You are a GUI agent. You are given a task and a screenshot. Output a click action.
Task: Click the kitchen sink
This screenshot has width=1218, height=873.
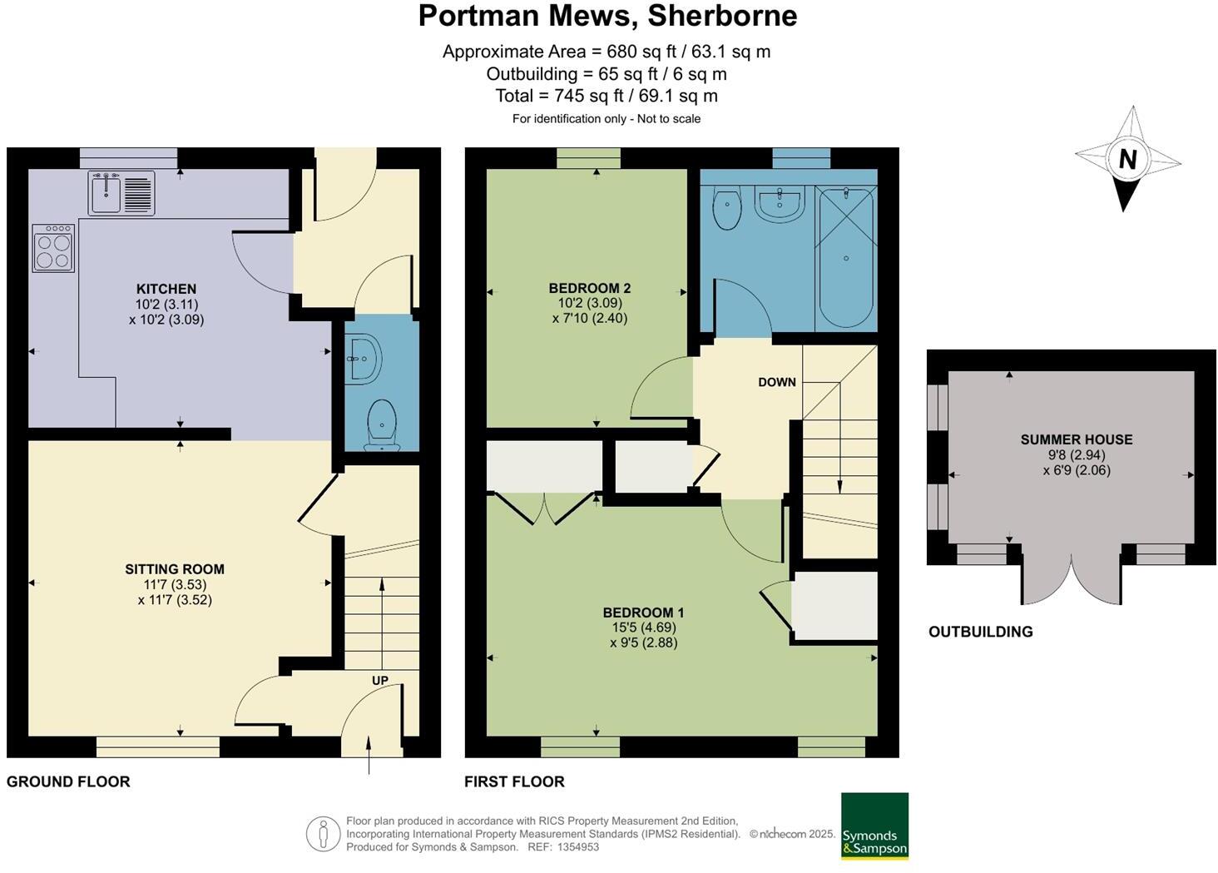pyautogui.click(x=121, y=193)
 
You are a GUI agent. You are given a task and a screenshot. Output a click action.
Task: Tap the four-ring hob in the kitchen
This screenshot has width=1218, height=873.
pyautogui.click(x=53, y=248)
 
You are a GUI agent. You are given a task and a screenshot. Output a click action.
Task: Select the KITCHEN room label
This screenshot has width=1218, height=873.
pyautogui.click(x=166, y=289)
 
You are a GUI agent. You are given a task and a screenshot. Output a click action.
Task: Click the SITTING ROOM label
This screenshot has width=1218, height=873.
pyautogui.click(x=175, y=569)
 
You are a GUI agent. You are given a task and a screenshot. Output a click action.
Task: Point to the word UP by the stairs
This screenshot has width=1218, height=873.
pyautogui.click(x=380, y=680)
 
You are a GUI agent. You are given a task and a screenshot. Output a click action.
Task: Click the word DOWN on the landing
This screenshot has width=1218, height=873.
pyautogui.click(x=777, y=382)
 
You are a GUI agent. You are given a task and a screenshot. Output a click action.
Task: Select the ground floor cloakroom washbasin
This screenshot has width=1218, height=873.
pyautogui.click(x=365, y=359)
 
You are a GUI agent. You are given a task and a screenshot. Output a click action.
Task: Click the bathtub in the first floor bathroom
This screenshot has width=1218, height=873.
pyautogui.click(x=846, y=258)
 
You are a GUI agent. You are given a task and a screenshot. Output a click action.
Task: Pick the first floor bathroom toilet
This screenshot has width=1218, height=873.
pyautogui.click(x=728, y=208)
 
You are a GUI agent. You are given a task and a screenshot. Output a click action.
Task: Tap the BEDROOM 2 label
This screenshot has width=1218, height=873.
pyautogui.click(x=589, y=288)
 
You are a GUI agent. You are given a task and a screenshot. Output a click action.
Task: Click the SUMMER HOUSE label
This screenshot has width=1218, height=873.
pyautogui.click(x=1077, y=439)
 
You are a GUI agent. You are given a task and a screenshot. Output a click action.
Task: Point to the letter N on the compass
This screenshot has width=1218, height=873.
pyautogui.click(x=1127, y=159)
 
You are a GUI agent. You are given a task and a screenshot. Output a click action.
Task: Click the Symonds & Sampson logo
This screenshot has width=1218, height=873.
pyautogui.click(x=874, y=826)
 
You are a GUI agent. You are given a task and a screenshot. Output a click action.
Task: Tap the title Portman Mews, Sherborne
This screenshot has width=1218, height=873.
pyautogui.click(x=607, y=15)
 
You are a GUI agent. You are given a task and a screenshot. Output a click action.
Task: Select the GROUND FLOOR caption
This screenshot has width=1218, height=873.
pyautogui.click(x=68, y=781)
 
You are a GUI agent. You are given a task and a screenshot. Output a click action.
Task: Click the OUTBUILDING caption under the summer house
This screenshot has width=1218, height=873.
pyautogui.click(x=980, y=632)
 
